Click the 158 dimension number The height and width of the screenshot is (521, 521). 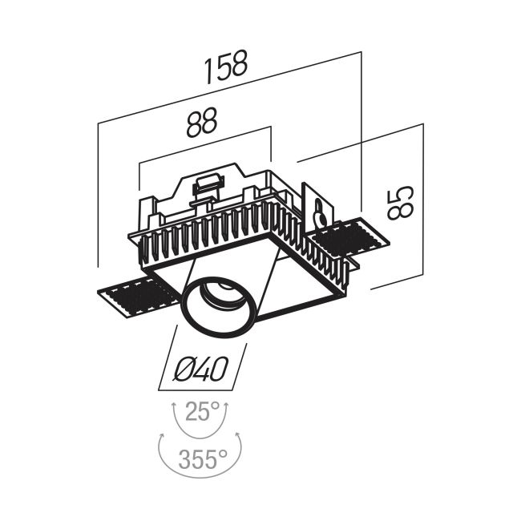coord(226,71)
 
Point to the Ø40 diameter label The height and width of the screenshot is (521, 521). coord(202,369)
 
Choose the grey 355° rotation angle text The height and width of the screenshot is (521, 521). coord(203,458)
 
